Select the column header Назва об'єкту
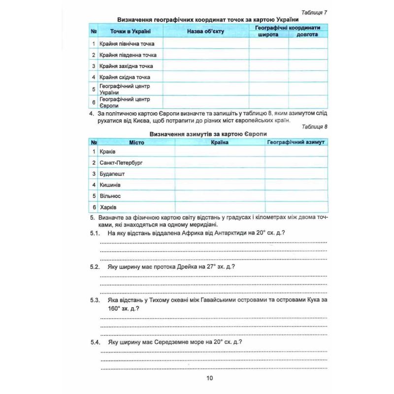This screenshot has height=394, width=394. coord(205,32)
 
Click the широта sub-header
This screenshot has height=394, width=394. coord(268,35)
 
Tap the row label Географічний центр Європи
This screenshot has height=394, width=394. coord(118,102)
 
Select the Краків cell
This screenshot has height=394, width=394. coord(107,151)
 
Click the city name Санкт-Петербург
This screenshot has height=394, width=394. coord(120,162)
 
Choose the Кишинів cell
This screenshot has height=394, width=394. coord(110,185)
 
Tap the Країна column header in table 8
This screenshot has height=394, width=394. coord(220,142)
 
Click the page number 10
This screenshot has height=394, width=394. coord(209,378)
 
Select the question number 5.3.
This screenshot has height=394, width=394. coord(95,300)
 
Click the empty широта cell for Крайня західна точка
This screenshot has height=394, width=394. coord(268,66)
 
